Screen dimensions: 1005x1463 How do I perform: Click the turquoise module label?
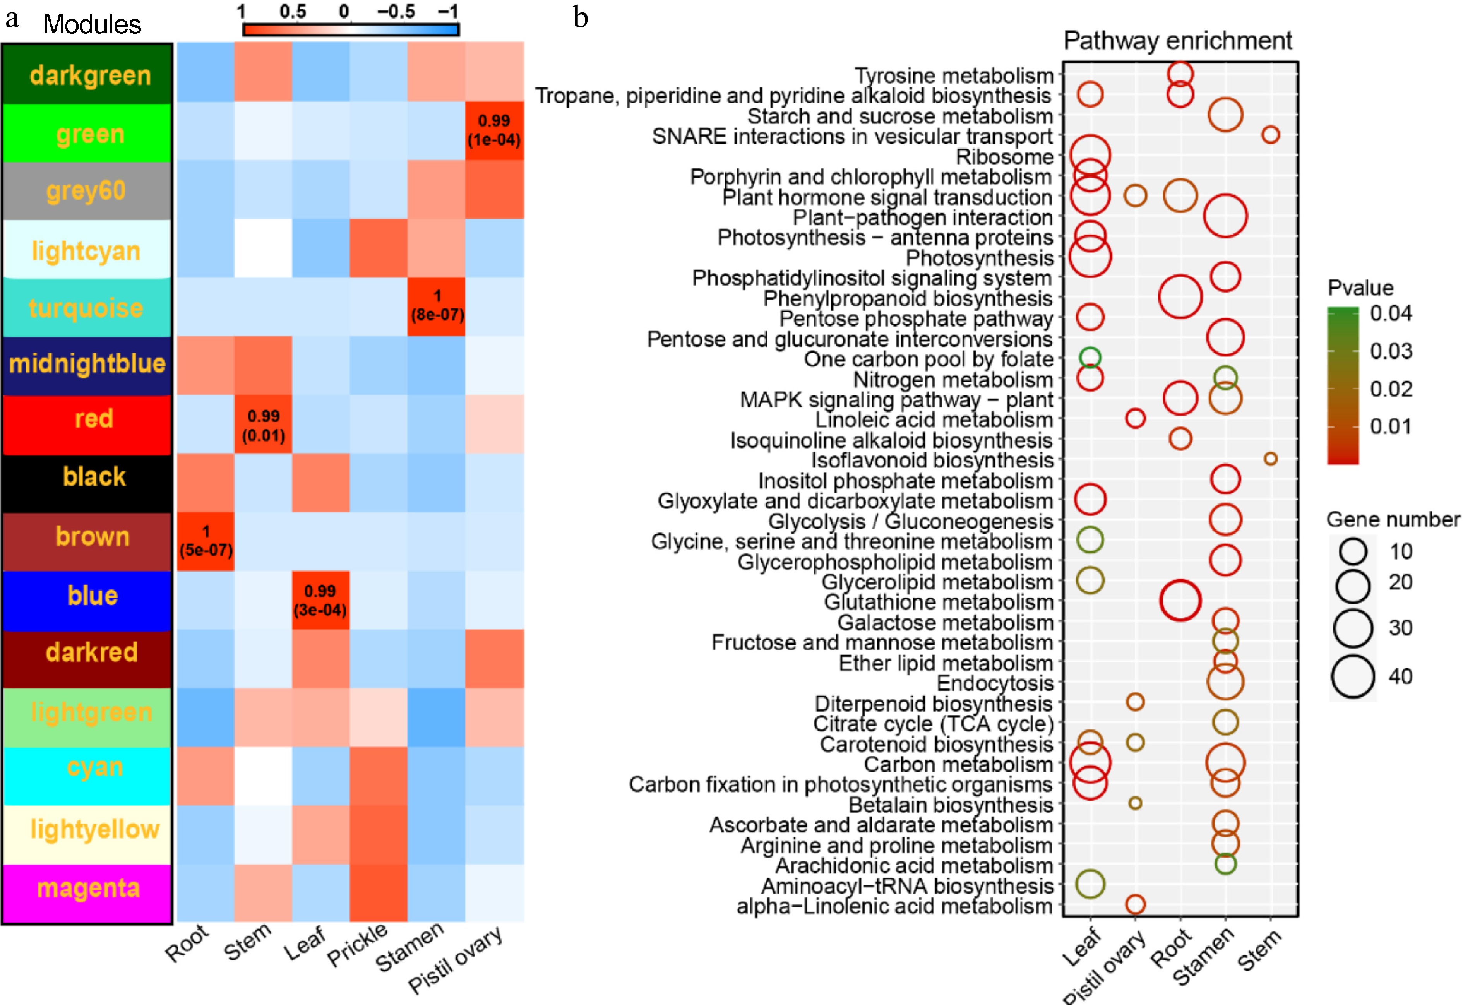click(x=86, y=308)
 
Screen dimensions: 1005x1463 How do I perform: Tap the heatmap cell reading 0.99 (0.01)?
click(x=263, y=425)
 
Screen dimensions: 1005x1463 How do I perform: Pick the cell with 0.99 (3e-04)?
click(x=320, y=600)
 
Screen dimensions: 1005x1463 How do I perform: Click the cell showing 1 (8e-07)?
click(x=437, y=306)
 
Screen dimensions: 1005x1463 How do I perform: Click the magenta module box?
click(x=87, y=889)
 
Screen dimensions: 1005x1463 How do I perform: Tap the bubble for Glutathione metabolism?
click(x=1180, y=600)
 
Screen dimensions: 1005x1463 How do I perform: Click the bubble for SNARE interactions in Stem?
click(x=1270, y=135)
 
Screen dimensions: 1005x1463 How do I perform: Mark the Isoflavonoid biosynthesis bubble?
click(x=1270, y=459)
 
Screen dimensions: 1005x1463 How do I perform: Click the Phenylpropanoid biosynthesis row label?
click(x=908, y=298)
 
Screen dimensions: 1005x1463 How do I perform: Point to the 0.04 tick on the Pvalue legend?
click(x=1391, y=313)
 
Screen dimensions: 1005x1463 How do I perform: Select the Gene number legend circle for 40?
click(x=1353, y=676)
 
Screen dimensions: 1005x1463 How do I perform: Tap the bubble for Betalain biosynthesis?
click(x=1135, y=803)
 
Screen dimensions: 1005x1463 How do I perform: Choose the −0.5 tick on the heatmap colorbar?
click(x=396, y=11)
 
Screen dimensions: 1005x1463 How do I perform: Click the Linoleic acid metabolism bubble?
click(x=1135, y=418)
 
